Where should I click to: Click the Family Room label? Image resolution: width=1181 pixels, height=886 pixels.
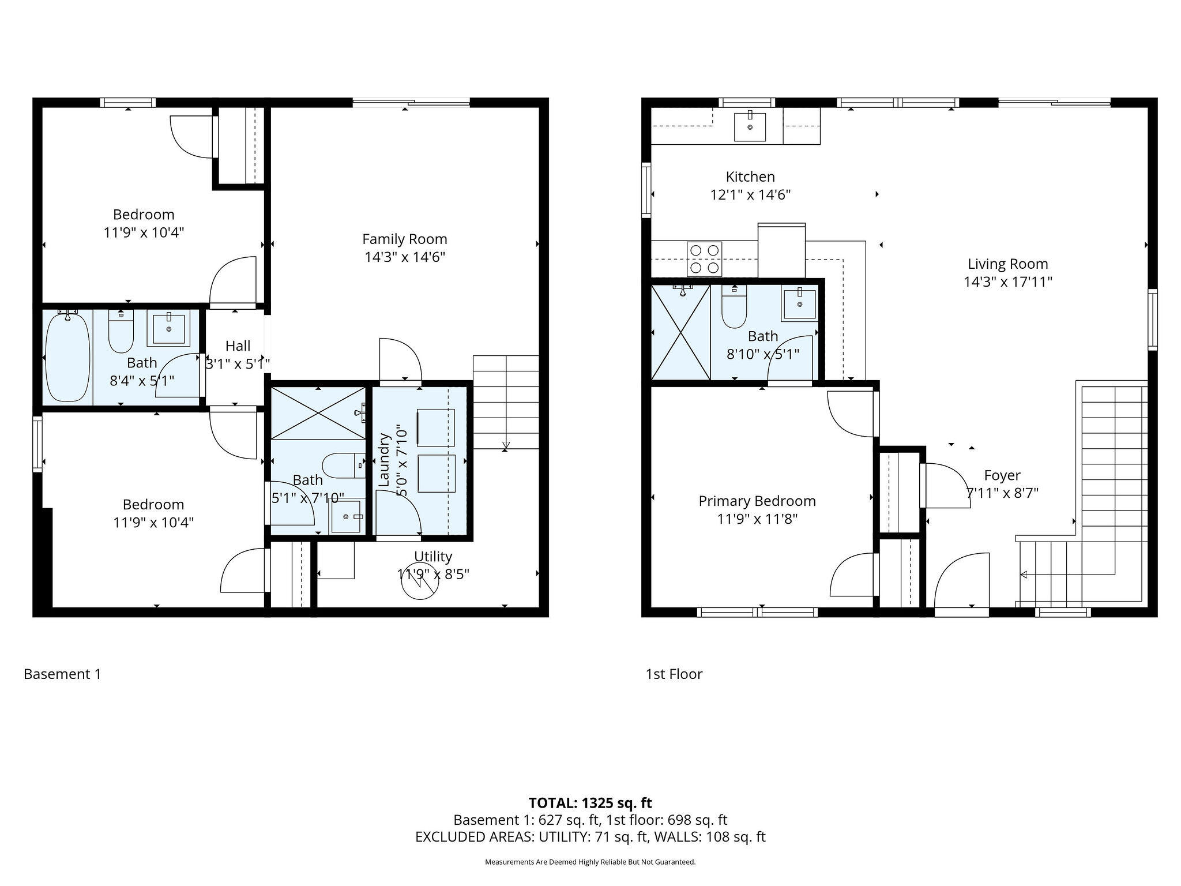coord(404,239)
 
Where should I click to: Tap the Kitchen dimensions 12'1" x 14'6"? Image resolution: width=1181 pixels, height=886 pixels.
coord(750,194)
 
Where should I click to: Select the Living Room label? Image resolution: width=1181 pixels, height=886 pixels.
coord(1007,264)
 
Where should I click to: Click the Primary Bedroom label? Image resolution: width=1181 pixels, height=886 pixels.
coord(757,501)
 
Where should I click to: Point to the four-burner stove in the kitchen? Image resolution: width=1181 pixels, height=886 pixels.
coord(704,259)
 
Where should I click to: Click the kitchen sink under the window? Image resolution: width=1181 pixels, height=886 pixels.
coord(750,127)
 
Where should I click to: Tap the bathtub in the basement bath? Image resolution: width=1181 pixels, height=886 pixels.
coord(68,355)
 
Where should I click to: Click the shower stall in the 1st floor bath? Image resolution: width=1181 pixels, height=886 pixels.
coord(680,333)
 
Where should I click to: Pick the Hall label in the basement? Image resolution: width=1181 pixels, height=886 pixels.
coord(238,346)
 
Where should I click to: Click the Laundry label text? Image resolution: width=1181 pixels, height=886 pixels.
coord(384,460)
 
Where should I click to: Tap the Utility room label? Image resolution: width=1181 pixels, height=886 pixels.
coord(433,556)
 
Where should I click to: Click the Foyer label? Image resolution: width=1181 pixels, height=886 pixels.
coord(1002,475)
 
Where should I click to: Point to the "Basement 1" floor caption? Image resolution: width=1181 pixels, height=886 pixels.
coord(62,674)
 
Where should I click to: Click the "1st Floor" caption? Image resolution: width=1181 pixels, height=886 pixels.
coord(674,674)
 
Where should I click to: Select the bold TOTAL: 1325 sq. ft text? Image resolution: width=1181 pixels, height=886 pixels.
coord(590,802)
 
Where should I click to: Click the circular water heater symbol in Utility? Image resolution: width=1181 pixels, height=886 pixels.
coord(419,581)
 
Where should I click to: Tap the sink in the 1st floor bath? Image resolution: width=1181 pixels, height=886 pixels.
coord(799,304)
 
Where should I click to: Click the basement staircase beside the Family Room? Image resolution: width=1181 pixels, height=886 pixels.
coord(506,402)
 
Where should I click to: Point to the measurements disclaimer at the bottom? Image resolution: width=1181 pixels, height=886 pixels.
coord(590,862)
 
